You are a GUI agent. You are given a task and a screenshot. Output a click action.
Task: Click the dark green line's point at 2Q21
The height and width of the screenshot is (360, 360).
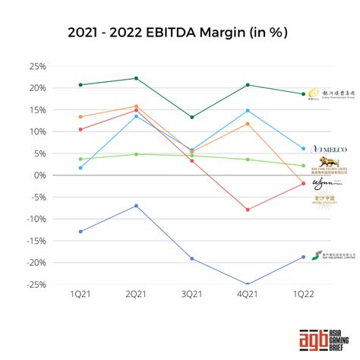[136, 78]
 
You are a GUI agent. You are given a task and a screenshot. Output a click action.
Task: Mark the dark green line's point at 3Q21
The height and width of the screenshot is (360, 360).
[191, 117]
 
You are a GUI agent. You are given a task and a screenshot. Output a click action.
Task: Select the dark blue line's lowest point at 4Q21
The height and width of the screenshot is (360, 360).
[248, 285]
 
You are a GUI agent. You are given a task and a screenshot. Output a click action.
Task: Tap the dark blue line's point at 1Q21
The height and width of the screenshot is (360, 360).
[80, 232]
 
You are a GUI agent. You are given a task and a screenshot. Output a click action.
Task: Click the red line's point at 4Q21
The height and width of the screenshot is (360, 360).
[248, 210]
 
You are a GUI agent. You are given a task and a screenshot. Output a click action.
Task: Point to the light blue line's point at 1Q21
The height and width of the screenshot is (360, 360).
[80, 168]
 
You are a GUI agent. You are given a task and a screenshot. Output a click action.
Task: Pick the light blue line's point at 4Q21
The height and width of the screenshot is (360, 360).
[248, 111]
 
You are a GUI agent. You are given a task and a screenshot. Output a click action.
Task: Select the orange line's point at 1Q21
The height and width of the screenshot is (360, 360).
[80, 117]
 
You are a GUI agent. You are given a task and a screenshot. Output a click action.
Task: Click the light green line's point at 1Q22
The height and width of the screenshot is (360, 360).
[303, 166]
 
